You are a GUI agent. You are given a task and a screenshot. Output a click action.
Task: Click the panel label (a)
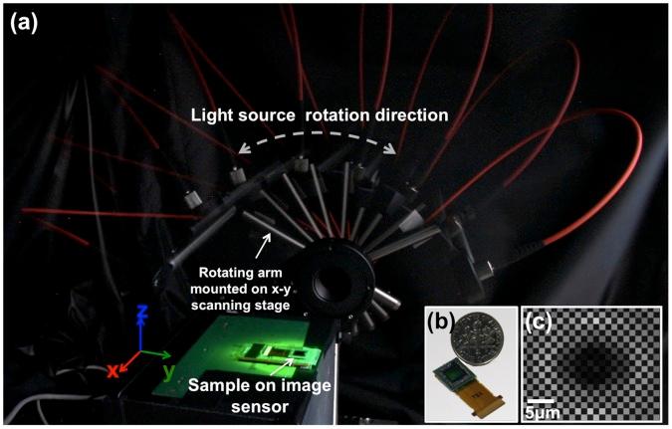25,23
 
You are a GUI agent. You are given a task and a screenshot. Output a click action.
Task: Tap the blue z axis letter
142,318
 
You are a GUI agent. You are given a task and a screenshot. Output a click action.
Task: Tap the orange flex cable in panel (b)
483,396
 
